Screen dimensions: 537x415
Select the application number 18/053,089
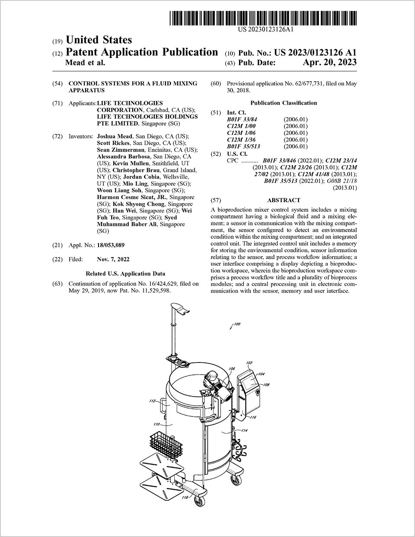pos(111,245)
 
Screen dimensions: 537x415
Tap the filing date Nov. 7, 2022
pos(113,260)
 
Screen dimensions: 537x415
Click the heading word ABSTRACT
pos(284,200)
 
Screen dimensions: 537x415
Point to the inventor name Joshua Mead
pos(115,136)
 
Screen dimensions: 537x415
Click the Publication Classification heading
pos(284,103)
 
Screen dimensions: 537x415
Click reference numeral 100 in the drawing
pos(237,324)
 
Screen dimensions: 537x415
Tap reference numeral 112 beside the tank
pos(152,401)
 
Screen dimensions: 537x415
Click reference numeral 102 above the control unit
pos(249,363)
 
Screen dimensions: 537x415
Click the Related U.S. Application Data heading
pos(125,274)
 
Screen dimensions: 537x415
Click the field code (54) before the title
pos(57,83)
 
